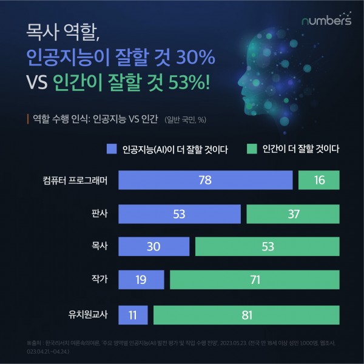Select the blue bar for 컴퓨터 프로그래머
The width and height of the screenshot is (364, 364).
tap(205, 181)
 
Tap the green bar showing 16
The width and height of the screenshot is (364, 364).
tap(318, 181)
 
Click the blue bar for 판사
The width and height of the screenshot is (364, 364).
tap(179, 214)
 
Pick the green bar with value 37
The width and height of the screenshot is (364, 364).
tap(293, 214)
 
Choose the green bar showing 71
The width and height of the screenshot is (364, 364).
tap(255, 280)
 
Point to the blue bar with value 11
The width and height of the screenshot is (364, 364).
tap(133, 315)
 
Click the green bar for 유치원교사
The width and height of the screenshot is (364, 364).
tap(246, 315)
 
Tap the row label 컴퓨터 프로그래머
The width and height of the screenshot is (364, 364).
tap(75, 181)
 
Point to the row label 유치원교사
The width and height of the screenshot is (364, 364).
tap(87, 315)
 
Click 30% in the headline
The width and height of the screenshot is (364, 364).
tap(194, 59)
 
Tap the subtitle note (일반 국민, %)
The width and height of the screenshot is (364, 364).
tap(189, 119)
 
